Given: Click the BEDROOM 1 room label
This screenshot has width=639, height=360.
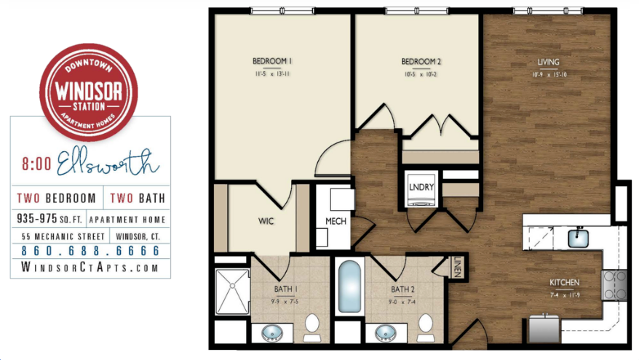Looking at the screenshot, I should (272, 60).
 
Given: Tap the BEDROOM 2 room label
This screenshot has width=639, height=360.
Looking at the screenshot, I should (422, 60).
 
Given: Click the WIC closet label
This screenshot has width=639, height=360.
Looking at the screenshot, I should (266, 220).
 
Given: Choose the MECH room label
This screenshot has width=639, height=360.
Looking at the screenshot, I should (336, 221).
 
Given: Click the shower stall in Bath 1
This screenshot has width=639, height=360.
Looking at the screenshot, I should (233, 291).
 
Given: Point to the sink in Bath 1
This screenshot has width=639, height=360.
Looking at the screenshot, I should (272, 334).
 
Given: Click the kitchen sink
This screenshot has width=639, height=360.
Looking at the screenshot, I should (579, 237).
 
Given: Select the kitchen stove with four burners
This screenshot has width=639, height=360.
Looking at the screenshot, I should (614, 285).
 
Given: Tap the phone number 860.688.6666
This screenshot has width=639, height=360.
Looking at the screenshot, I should (91, 251).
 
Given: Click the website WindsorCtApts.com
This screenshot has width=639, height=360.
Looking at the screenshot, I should (91, 268).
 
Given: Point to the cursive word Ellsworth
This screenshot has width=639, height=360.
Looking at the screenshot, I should (107, 163).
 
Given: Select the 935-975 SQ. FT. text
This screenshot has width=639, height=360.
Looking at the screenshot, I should (49, 219).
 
